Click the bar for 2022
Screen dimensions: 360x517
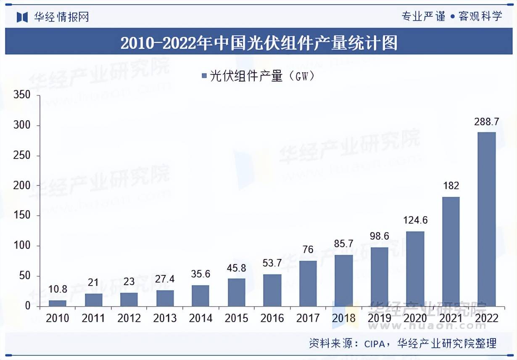[x=487, y=219]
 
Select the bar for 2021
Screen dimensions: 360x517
[x=451, y=251]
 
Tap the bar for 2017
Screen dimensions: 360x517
[x=308, y=283]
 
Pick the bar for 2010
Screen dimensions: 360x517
[x=58, y=303]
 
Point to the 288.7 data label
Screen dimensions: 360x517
[x=487, y=122]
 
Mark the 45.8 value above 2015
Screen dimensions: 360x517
[x=237, y=268]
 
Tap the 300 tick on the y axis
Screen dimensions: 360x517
[x=21, y=125]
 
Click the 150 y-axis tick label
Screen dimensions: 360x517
[x=21, y=216]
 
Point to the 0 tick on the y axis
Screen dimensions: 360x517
[x=27, y=306]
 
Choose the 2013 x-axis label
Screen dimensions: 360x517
[x=165, y=318]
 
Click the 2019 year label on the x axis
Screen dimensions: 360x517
[x=380, y=318]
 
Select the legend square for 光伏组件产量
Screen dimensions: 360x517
[x=204, y=76]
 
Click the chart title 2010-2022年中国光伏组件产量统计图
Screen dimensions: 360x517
[x=258, y=43]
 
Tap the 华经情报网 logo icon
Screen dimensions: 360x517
[x=22, y=16]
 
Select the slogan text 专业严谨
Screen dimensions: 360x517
[x=423, y=16]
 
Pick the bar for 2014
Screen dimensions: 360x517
[x=200, y=296]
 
